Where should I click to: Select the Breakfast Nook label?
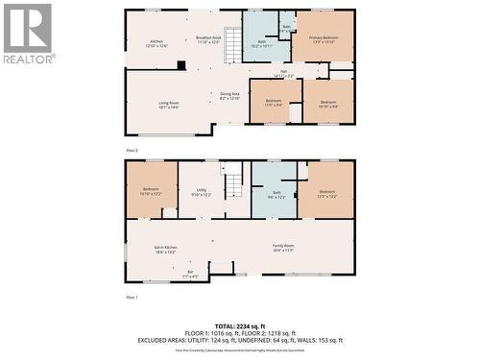coord(208,40)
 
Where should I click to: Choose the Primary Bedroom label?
coord(323,39)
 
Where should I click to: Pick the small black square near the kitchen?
coord(180,65)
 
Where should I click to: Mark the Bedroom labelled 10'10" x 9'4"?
coord(328,103)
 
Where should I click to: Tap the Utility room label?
coord(201,192)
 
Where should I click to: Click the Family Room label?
coord(282,249)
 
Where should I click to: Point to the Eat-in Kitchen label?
coord(165,249)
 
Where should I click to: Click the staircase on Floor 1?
coord(233,180)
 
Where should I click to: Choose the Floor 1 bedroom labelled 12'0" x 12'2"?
coord(327,193)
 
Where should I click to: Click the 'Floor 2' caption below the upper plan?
coord(132,151)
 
